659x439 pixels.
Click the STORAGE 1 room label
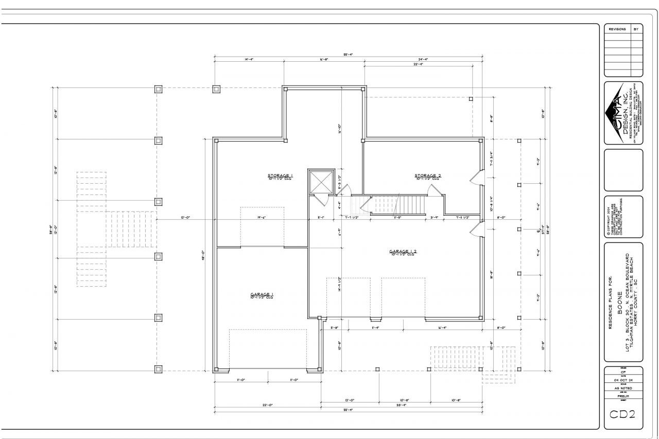[x=280, y=176]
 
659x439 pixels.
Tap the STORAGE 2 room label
[x=428, y=176]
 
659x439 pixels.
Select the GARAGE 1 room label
[x=262, y=294]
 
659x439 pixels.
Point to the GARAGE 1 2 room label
[x=403, y=252]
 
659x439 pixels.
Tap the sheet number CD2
[x=623, y=414]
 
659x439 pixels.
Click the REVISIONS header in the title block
[x=617, y=29]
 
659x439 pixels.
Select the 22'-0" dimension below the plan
[x=267, y=405]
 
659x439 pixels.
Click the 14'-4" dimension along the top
[x=249, y=60]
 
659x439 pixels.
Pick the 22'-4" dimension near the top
[x=418, y=64]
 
